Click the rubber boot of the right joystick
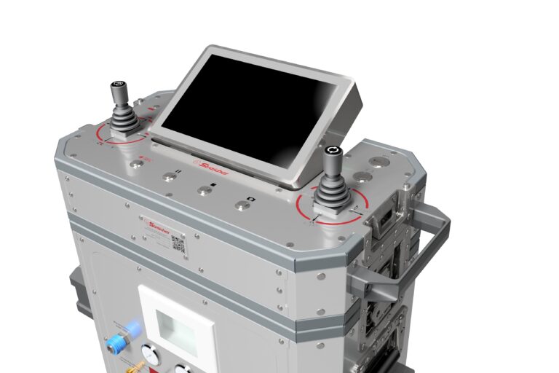pyautogui.click(x=333, y=193)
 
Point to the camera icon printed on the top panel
pyautogui.click(x=252, y=198)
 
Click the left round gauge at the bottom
pyautogui.click(x=150, y=355)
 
